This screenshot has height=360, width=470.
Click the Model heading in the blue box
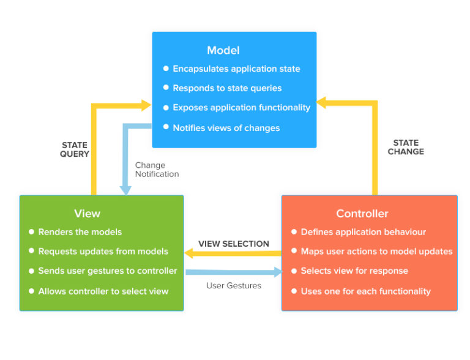click(223, 50)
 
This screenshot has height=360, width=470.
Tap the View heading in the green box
click(87, 214)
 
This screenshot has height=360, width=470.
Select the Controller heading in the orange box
click(362, 214)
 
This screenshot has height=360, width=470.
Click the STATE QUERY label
click(75, 149)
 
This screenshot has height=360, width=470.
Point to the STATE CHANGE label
click(406, 147)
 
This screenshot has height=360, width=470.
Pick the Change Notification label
click(157, 170)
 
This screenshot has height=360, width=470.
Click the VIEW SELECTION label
click(234, 244)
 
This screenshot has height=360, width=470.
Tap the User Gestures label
click(234, 285)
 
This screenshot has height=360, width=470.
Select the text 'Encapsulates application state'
click(236, 69)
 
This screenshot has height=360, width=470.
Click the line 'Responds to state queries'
click(227, 88)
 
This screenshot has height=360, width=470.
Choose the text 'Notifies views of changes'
click(226, 128)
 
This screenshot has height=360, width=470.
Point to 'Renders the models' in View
click(80, 232)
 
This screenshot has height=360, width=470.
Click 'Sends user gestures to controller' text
click(108, 271)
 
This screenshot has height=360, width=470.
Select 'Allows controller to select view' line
click(103, 291)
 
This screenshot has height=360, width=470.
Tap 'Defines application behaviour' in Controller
click(364, 232)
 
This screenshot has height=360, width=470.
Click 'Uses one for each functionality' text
click(366, 291)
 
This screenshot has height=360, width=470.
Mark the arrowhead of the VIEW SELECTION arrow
click(190, 252)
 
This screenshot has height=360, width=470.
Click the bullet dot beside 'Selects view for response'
click(294, 271)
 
